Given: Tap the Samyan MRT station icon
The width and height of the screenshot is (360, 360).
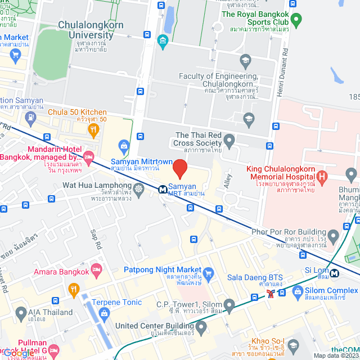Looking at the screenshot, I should pos(161,189).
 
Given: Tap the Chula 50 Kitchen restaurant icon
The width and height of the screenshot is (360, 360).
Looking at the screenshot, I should pos(94,131).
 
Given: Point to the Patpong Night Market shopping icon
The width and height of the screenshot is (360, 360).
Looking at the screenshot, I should pos(209,275).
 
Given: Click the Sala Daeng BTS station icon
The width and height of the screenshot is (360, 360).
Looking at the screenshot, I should pos(271,294).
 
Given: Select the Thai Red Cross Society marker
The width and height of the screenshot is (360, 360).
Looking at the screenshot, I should pos(228,139).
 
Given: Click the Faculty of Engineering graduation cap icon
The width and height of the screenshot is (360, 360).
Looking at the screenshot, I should pos(245,60).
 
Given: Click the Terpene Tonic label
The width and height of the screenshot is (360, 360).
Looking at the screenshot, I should pos(118,302).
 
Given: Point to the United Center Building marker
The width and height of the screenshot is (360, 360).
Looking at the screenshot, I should pos(201,326).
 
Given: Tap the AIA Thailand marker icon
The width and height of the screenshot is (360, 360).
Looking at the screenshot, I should pos(21,312).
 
